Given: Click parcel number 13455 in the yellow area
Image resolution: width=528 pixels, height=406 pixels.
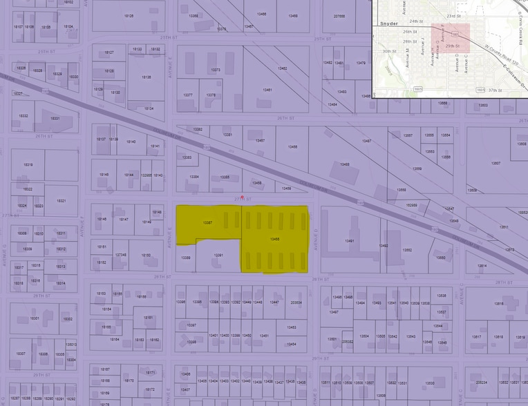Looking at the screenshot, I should tap(274, 240).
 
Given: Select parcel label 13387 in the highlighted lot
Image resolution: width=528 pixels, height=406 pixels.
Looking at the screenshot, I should tap(207, 222).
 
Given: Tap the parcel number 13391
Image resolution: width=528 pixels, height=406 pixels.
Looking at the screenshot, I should tap(218, 255).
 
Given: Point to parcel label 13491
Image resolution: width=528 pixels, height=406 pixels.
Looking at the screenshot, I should tap(349, 241).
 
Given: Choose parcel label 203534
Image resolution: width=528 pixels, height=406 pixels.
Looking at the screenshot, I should tap(296, 302).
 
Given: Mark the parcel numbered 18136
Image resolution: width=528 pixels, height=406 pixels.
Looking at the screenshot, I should tap(146, 77).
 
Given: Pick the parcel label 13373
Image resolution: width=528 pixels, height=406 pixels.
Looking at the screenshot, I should tap(216, 70).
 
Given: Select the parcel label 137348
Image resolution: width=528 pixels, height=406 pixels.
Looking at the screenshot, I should tap(121, 255).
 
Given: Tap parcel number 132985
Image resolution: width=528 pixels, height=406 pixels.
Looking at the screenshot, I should tap(147, 175).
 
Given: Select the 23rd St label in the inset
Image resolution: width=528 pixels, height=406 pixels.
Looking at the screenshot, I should tap(453, 15).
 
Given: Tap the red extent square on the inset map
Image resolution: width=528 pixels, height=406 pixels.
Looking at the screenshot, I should tap(451, 43).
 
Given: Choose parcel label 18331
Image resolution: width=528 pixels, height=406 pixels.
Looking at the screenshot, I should tap(55, 118).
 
